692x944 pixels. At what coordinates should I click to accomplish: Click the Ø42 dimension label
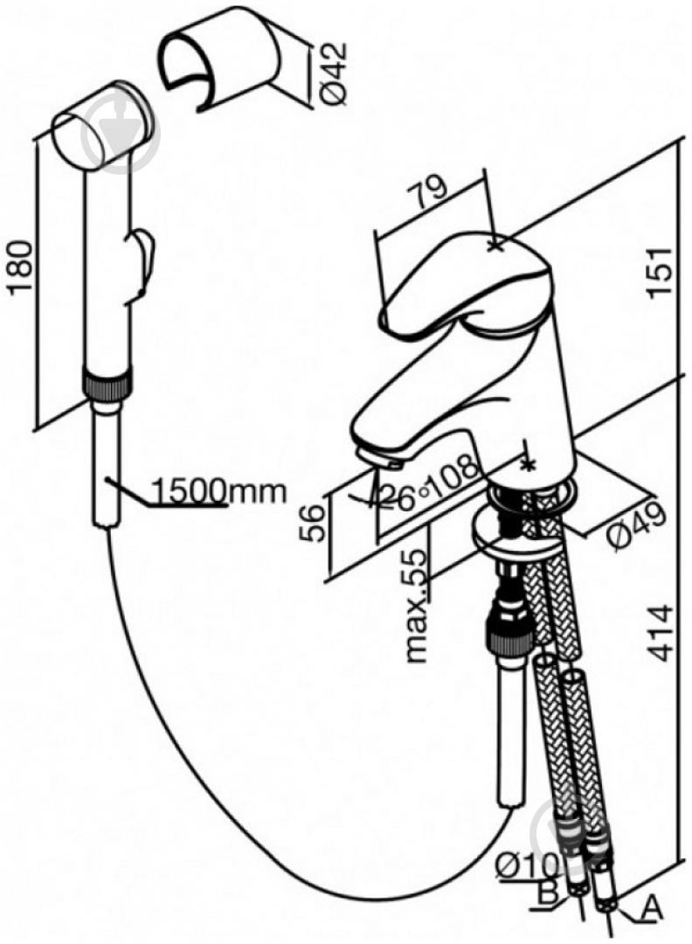pos(334,73)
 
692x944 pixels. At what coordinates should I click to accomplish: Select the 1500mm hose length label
pos(218,492)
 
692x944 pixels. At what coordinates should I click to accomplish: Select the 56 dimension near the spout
pos(312,523)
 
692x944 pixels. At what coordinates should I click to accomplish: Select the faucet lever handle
pos(466,281)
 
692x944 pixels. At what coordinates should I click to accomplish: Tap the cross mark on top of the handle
pos(495,245)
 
